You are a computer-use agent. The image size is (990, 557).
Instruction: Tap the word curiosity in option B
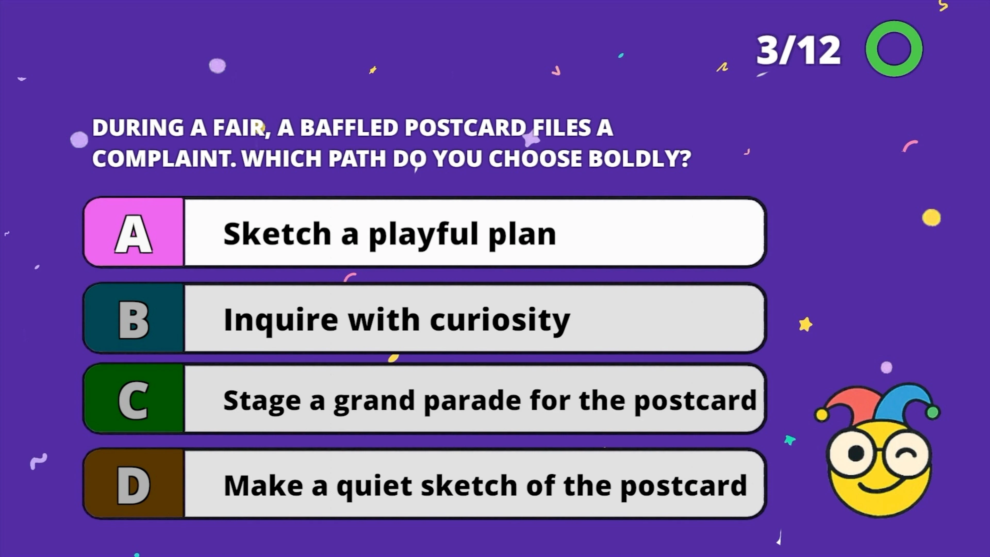(500, 320)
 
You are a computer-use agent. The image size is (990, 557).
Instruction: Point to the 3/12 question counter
(798, 50)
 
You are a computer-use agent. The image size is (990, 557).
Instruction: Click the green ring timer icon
(894, 49)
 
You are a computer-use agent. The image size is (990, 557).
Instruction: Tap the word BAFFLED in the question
(349, 128)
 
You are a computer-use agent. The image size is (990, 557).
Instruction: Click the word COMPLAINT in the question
(164, 158)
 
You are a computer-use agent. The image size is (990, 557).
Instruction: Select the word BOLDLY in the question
(639, 158)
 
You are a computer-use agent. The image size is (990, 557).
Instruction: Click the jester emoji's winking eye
(908, 454)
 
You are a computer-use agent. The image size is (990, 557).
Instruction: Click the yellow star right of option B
(805, 324)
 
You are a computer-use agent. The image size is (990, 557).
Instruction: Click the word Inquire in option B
(280, 320)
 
